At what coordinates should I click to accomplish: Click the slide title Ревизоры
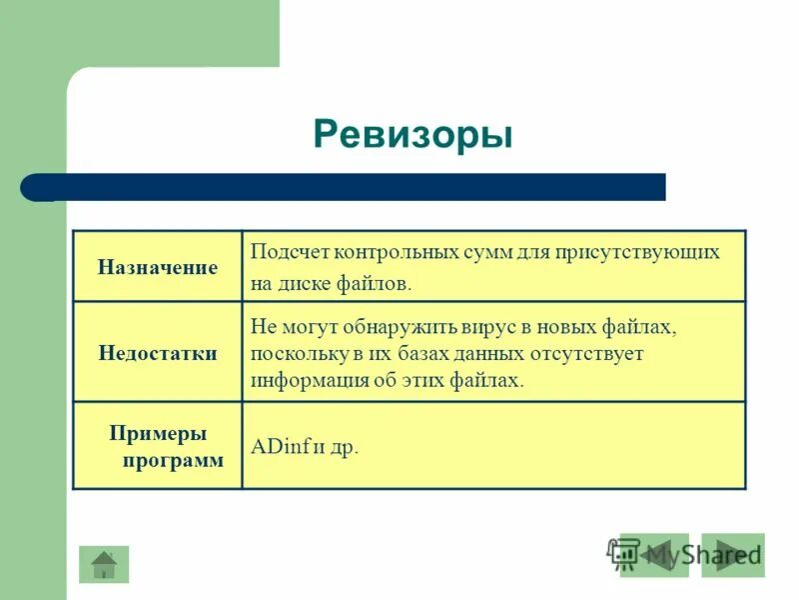click(x=412, y=134)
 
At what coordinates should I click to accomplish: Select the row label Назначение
click(x=158, y=268)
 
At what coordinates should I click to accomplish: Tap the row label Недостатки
click(x=158, y=354)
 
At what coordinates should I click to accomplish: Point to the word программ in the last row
click(x=173, y=460)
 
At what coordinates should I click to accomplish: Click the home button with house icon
click(x=104, y=565)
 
